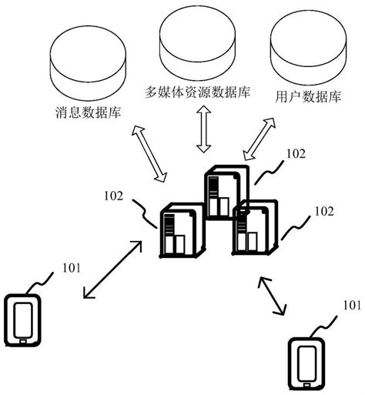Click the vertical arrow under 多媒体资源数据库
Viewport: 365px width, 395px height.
click(x=203, y=130)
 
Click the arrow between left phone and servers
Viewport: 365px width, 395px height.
click(x=112, y=270)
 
